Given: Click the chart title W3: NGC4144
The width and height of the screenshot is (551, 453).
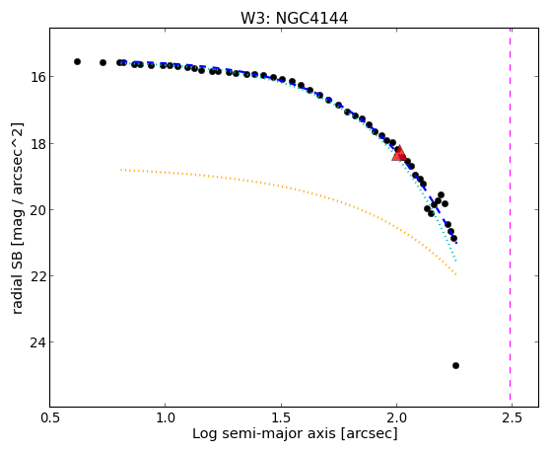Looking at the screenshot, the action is click(x=294, y=19).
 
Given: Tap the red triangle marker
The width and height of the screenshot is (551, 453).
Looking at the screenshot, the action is click(x=399, y=153).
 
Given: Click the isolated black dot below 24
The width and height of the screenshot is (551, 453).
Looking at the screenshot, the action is click(x=455, y=366).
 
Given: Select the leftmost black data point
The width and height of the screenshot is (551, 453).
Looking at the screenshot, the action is click(x=77, y=61).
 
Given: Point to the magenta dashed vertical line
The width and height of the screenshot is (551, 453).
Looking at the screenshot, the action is click(x=510, y=217).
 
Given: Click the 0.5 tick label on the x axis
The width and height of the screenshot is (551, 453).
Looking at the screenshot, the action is click(x=50, y=417).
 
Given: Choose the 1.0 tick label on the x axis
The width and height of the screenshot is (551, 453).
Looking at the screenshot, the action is click(x=166, y=417).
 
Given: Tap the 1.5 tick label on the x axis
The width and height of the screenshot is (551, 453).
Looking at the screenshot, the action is click(x=281, y=417).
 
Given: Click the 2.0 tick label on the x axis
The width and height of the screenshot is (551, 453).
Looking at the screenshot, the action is click(x=396, y=417).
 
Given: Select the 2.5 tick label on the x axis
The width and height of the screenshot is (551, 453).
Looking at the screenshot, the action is click(x=513, y=417).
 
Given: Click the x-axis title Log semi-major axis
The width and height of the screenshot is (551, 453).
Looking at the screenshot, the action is click(x=263, y=433).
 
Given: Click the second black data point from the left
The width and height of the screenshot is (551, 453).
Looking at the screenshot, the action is click(x=103, y=62).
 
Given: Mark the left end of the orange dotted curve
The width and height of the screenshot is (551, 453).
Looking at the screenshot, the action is click(x=121, y=170).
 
